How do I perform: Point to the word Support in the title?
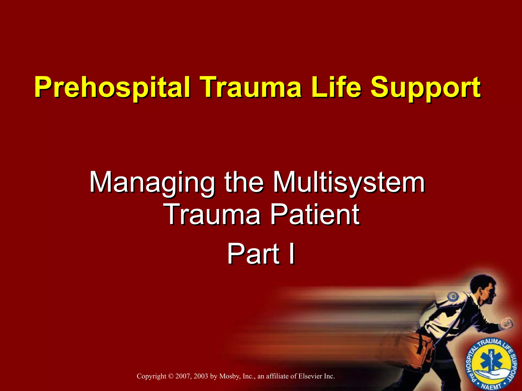pos(425,88)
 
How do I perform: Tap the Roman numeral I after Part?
pos(292,254)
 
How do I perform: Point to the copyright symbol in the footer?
pos(171,376)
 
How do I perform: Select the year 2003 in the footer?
pos(201,376)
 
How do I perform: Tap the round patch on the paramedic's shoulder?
pos(453,296)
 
